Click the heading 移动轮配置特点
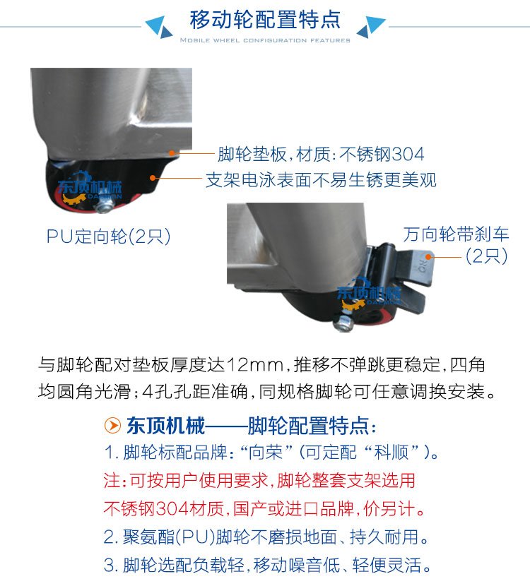(265, 19)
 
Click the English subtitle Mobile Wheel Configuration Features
(265, 40)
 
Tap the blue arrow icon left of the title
(160, 27)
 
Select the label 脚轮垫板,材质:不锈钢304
(321, 153)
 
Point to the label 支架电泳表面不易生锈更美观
(321, 180)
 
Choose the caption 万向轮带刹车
(457, 234)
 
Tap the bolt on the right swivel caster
(345, 323)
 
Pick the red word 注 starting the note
(112, 481)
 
